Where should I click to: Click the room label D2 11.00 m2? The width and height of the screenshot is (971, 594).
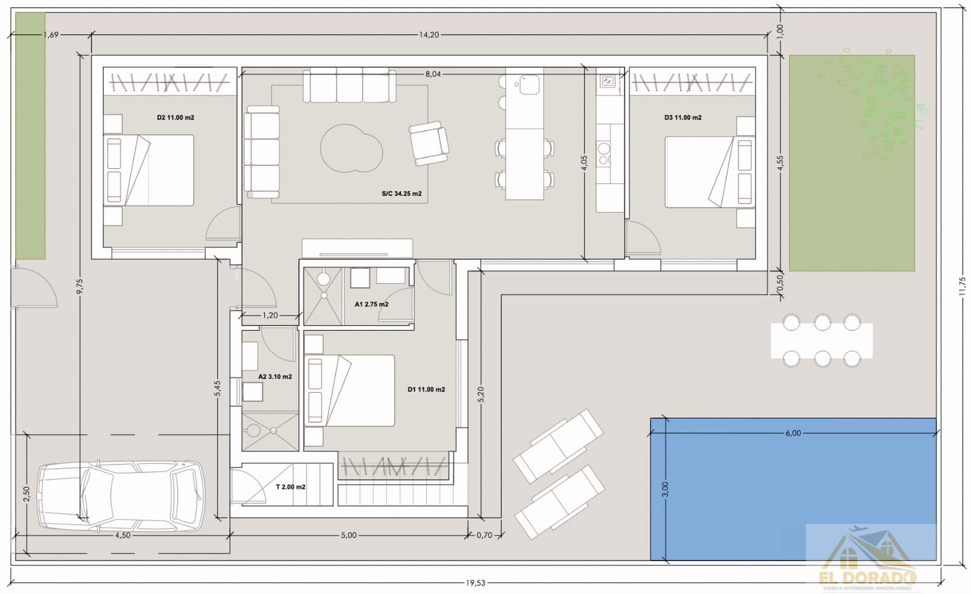tap(175, 118)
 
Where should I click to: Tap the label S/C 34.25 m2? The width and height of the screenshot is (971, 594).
tap(401, 194)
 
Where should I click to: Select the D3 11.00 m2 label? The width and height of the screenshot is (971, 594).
tap(683, 118)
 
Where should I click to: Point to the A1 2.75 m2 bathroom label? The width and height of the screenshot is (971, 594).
tap(371, 304)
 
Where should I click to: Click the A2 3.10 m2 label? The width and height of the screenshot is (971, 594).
tap(275, 377)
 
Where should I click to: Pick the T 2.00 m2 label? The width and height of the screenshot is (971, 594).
tap(291, 487)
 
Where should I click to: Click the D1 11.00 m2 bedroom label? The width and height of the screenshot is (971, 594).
tap(426, 389)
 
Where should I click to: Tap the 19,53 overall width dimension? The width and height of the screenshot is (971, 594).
tap(475, 583)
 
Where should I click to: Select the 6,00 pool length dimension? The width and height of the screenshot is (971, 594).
tap(793, 433)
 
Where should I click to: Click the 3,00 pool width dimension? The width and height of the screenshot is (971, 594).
tap(665, 489)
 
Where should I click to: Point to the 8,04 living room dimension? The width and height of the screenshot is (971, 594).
tap(433, 74)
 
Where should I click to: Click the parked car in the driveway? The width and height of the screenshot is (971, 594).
tap(121, 495)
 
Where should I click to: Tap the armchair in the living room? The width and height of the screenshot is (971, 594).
tap(429, 143)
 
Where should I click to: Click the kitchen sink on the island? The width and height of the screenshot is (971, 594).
tap(529, 84)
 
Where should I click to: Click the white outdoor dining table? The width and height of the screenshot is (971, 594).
tap(822, 341)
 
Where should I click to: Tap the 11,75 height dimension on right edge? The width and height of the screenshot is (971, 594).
tap(961, 285)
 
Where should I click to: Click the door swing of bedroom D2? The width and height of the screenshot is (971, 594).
tap(222, 225)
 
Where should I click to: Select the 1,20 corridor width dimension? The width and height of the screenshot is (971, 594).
tap(270, 315)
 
